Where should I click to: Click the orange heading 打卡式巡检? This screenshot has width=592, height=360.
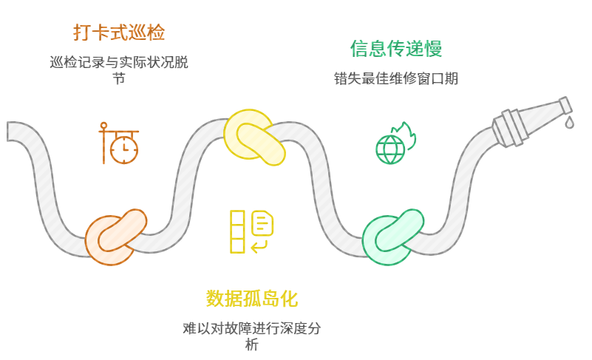[118, 33]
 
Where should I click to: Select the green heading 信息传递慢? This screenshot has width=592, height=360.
[396, 49]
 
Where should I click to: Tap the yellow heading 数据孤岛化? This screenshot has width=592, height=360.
[252, 299]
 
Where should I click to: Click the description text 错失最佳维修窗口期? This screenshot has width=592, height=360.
[396, 78]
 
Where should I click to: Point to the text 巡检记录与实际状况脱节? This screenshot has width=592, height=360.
[118, 62]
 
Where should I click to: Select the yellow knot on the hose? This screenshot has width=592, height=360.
[254, 137]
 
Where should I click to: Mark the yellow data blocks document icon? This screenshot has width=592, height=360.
[252, 231]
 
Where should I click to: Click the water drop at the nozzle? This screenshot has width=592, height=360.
[570, 122]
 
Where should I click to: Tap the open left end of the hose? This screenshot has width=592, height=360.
[11, 131]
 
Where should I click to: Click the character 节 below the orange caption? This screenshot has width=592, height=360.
[118, 78]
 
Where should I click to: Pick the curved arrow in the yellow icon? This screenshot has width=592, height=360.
[259, 245]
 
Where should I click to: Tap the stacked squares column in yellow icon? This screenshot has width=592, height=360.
[237, 231]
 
